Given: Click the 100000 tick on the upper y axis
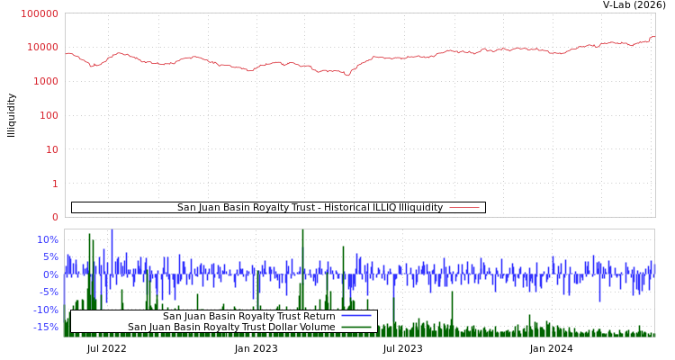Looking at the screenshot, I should (40, 13).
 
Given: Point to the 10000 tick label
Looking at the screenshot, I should (43, 47).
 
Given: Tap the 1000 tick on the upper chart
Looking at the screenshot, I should (46, 81).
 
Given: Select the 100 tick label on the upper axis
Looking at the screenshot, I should (49, 115).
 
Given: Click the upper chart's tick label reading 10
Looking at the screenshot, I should (51, 149).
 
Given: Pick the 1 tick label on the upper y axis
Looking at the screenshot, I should (55, 184).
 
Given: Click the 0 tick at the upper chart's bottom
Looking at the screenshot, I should (55, 217).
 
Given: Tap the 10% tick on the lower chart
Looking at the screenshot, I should (48, 239).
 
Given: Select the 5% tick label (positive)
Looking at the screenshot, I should (50, 256).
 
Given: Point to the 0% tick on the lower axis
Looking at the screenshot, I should (50, 274).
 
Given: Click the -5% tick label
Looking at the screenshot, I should (49, 292).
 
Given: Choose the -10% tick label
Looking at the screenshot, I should (46, 310).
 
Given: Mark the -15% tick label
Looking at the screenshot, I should (46, 327).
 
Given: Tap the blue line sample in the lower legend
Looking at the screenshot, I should (355, 317).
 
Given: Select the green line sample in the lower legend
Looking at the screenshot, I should (355, 328).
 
